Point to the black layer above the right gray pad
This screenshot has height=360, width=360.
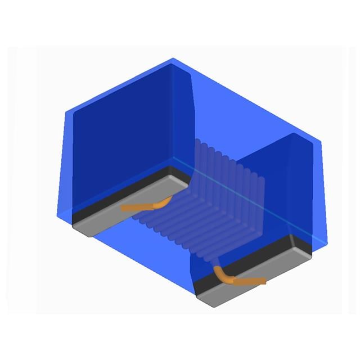point(253,264)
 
